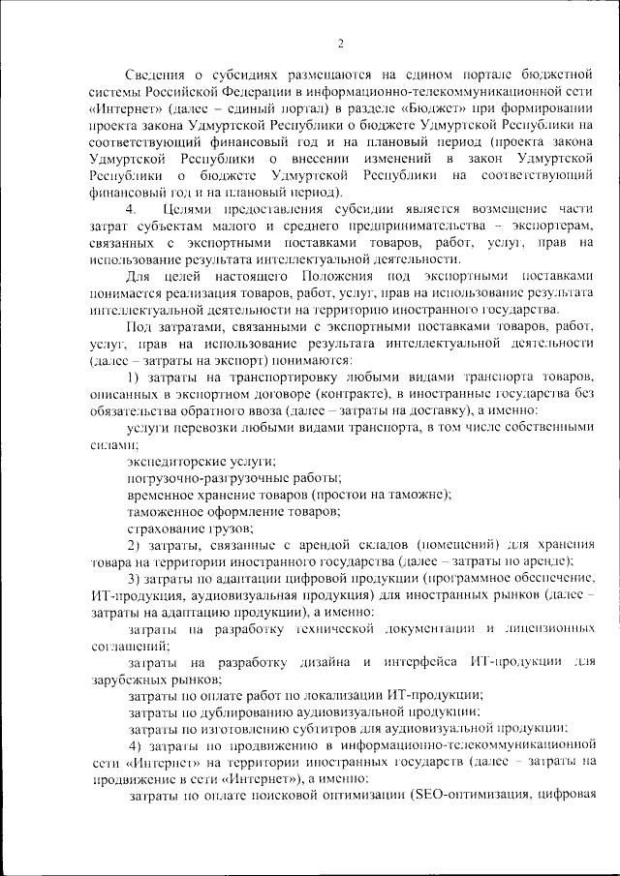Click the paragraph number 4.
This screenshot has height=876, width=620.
[132, 210]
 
